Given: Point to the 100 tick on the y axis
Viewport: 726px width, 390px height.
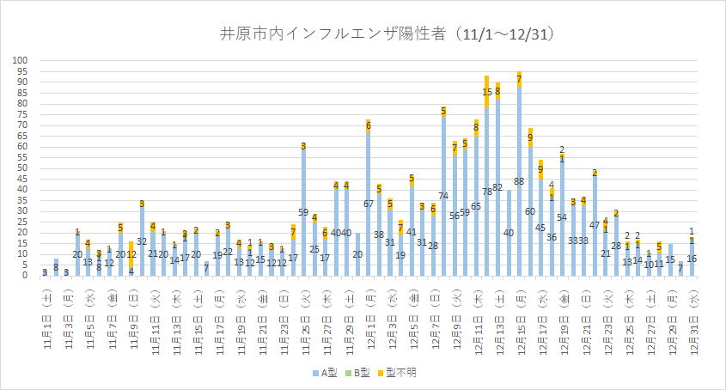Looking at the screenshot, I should tap(21, 61).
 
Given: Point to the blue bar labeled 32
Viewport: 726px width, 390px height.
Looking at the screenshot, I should tap(142, 241).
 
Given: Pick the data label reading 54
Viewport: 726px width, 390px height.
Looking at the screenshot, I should tap(562, 217).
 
